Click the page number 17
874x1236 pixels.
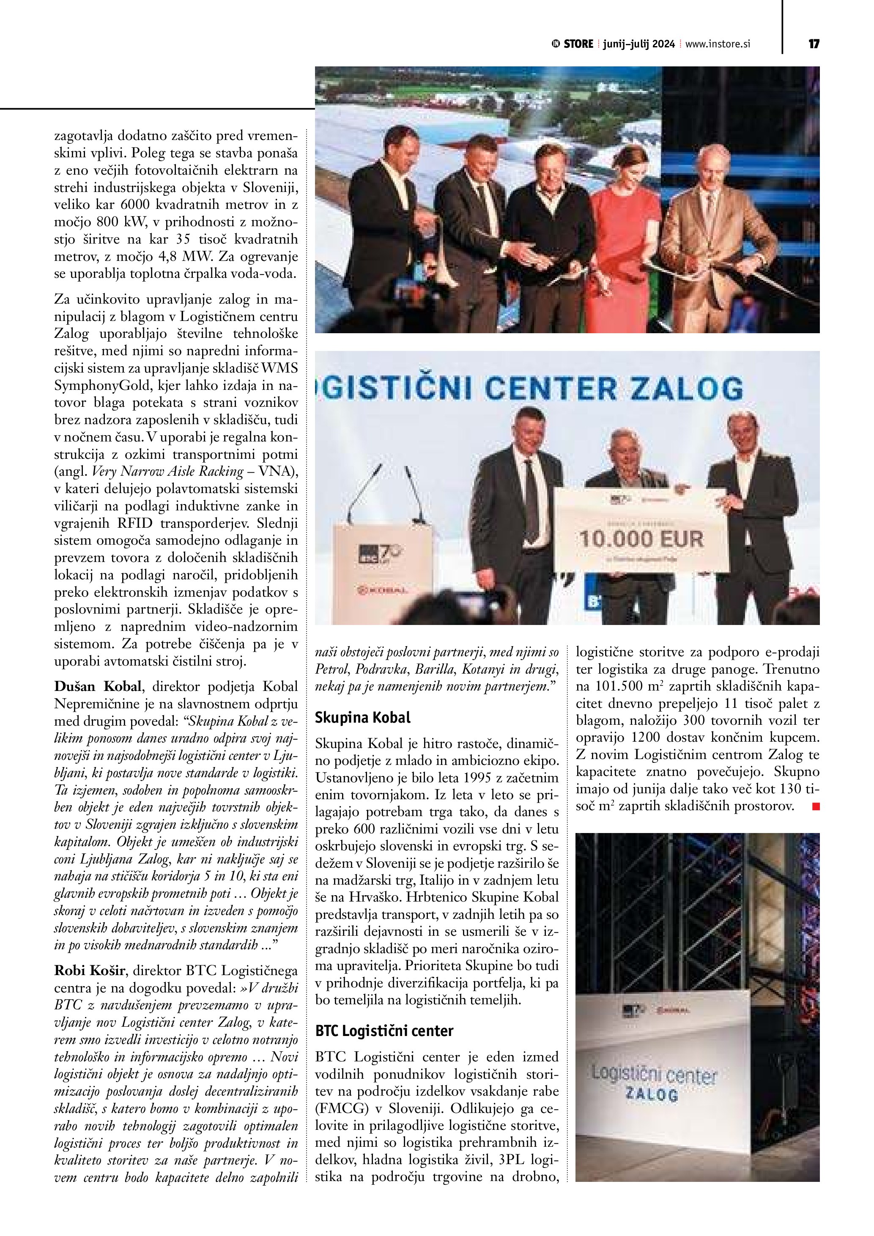[x=814, y=44]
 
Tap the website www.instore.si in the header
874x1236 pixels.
[x=718, y=44]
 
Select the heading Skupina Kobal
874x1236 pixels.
[x=362, y=718]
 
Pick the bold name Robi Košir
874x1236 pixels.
[x=89, y=970]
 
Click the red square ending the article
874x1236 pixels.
[x=816, y=806]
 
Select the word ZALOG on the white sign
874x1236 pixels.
[x=651, y=1094]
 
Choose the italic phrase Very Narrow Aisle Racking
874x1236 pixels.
[x=168, y=471]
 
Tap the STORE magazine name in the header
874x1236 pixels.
[x=578, y=44]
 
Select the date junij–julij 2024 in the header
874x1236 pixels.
[x=638, y=44]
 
